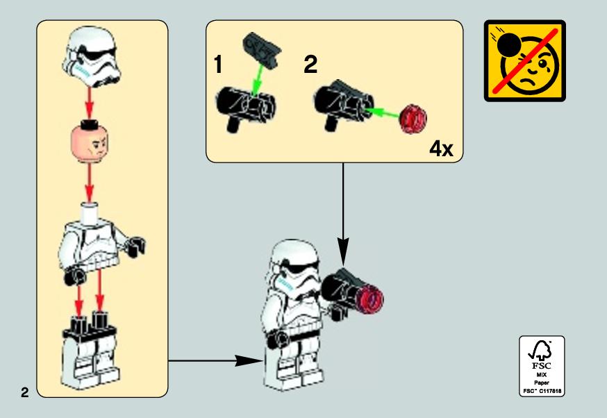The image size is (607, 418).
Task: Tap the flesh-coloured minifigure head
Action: coord(90,142)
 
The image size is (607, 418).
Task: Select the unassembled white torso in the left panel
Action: coord(101,243)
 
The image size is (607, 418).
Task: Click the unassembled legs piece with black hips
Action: coord(90,349)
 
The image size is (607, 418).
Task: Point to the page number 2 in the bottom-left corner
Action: coord(25,392)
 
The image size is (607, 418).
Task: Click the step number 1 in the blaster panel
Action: coord(218,64)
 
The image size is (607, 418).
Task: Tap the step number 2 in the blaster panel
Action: coord(310,64)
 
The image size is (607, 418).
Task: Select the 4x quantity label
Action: coord(441,148)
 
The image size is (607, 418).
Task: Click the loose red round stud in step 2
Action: coord(413,119)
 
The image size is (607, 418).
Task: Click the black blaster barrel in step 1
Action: coord(247,107)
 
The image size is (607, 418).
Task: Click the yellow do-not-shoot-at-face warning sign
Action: coord(524,61)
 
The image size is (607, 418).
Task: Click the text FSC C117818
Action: coord(542,391)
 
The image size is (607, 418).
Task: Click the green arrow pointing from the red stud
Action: coord(383,113)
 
